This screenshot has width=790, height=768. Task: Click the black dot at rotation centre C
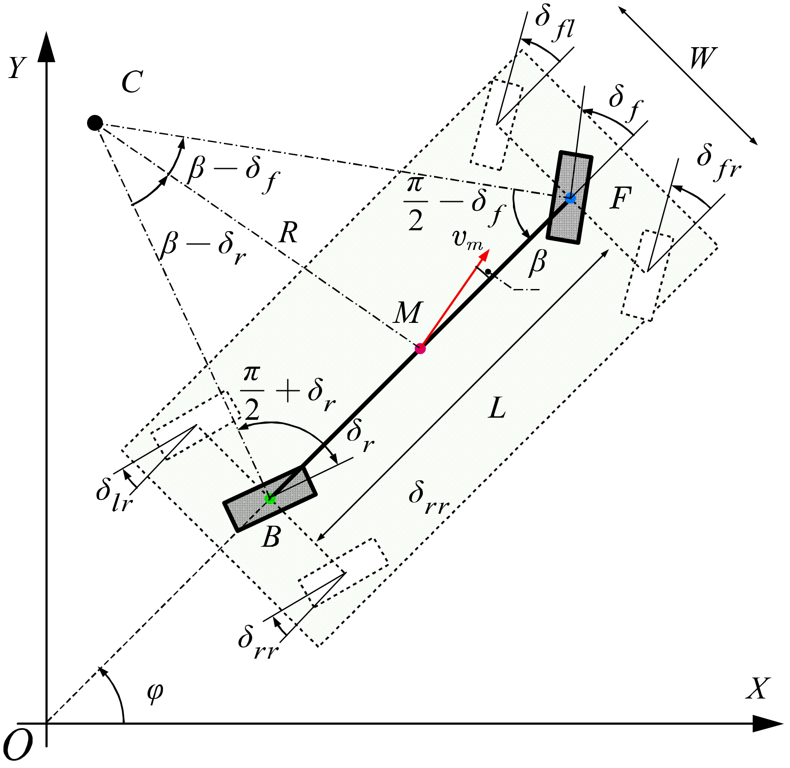95,123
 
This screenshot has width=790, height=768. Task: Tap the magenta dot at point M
420,348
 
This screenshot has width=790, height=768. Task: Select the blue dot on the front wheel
570,198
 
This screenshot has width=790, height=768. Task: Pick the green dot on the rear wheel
270,499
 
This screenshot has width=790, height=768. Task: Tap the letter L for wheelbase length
497,408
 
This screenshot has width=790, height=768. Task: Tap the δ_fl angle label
554,24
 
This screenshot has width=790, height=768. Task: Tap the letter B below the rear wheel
271,536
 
